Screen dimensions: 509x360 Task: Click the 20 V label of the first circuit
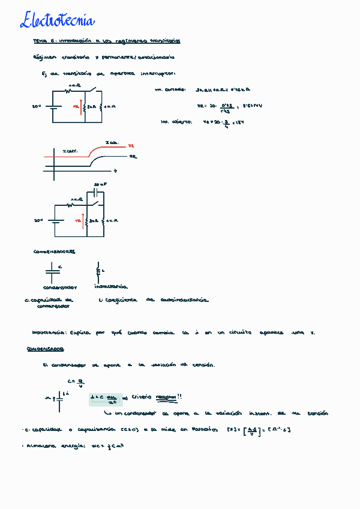coord(37,107)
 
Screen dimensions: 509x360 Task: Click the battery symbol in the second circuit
coord(56,221)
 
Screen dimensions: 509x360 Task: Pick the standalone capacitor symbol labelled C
coord(52,271)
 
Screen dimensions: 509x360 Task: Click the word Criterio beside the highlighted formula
coord(142,397)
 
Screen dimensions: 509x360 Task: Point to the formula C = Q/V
coord(71,382)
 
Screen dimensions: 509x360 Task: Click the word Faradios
coord(207,429)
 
